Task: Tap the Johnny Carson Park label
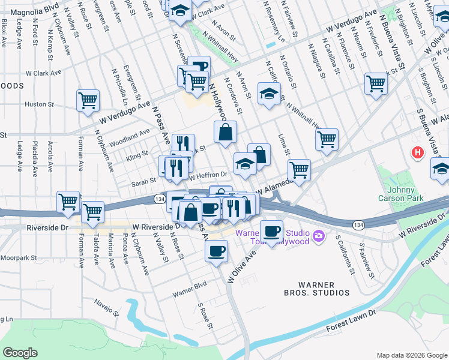[402, 194]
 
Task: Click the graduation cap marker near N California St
[270, 93]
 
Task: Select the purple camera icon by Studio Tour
[319, 237]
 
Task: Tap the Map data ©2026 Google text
[411, 355]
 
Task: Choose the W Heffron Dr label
[208, 175]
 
